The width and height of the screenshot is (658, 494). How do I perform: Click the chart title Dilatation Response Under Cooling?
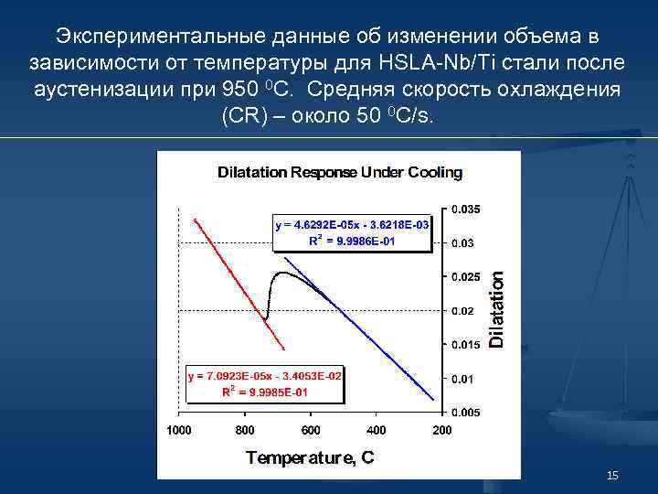coord(339,172)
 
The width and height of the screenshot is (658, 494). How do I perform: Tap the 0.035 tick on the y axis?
coord(465,209)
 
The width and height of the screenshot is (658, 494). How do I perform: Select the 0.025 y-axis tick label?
coord(465,277)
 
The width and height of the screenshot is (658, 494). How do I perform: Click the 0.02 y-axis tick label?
coord(462,311)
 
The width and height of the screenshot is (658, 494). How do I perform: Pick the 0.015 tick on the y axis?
coord(465,345)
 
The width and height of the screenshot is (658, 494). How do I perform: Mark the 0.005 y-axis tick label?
coord(465,413)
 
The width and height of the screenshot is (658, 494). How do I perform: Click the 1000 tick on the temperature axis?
coord(179,430)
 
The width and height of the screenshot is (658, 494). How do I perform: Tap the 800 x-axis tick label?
coord(245,430)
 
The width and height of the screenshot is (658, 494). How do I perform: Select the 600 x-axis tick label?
coord(311,430)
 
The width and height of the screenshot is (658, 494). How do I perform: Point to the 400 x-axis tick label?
coord(377,430)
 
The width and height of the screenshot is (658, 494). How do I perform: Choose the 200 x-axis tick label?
coord(442,430)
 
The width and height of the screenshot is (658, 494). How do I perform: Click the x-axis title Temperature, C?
coord(310,457)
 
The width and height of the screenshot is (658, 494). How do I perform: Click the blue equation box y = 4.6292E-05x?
coord(352,232)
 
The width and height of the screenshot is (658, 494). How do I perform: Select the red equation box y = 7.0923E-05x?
coord(265,384)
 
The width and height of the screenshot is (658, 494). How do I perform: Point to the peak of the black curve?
coord(283,273)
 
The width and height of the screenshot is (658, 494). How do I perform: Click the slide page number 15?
coord(612,476)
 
